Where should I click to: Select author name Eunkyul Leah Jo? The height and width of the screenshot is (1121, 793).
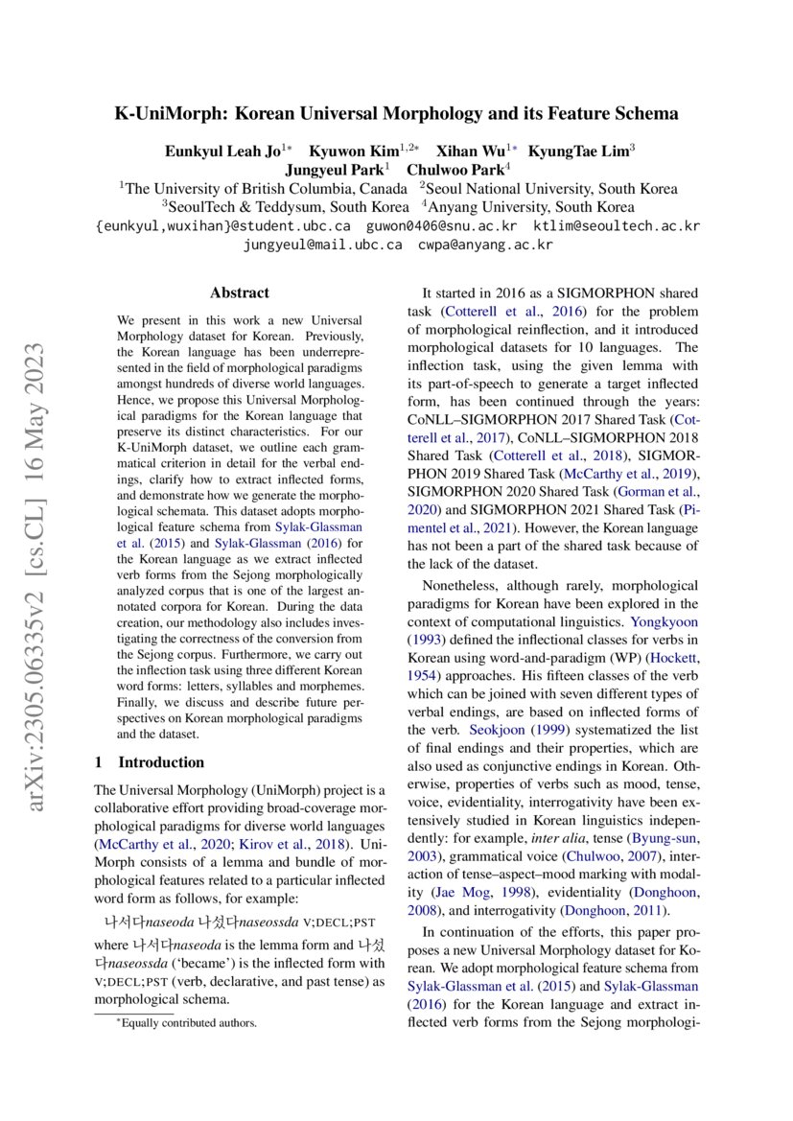(219, 151)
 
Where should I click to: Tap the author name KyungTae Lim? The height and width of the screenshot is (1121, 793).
(578, 151)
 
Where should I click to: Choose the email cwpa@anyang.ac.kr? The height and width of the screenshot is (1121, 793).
(485, 245)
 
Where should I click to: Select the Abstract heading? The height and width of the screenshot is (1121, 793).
(240, 292)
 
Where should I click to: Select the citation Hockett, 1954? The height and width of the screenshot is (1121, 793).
(672, 657)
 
